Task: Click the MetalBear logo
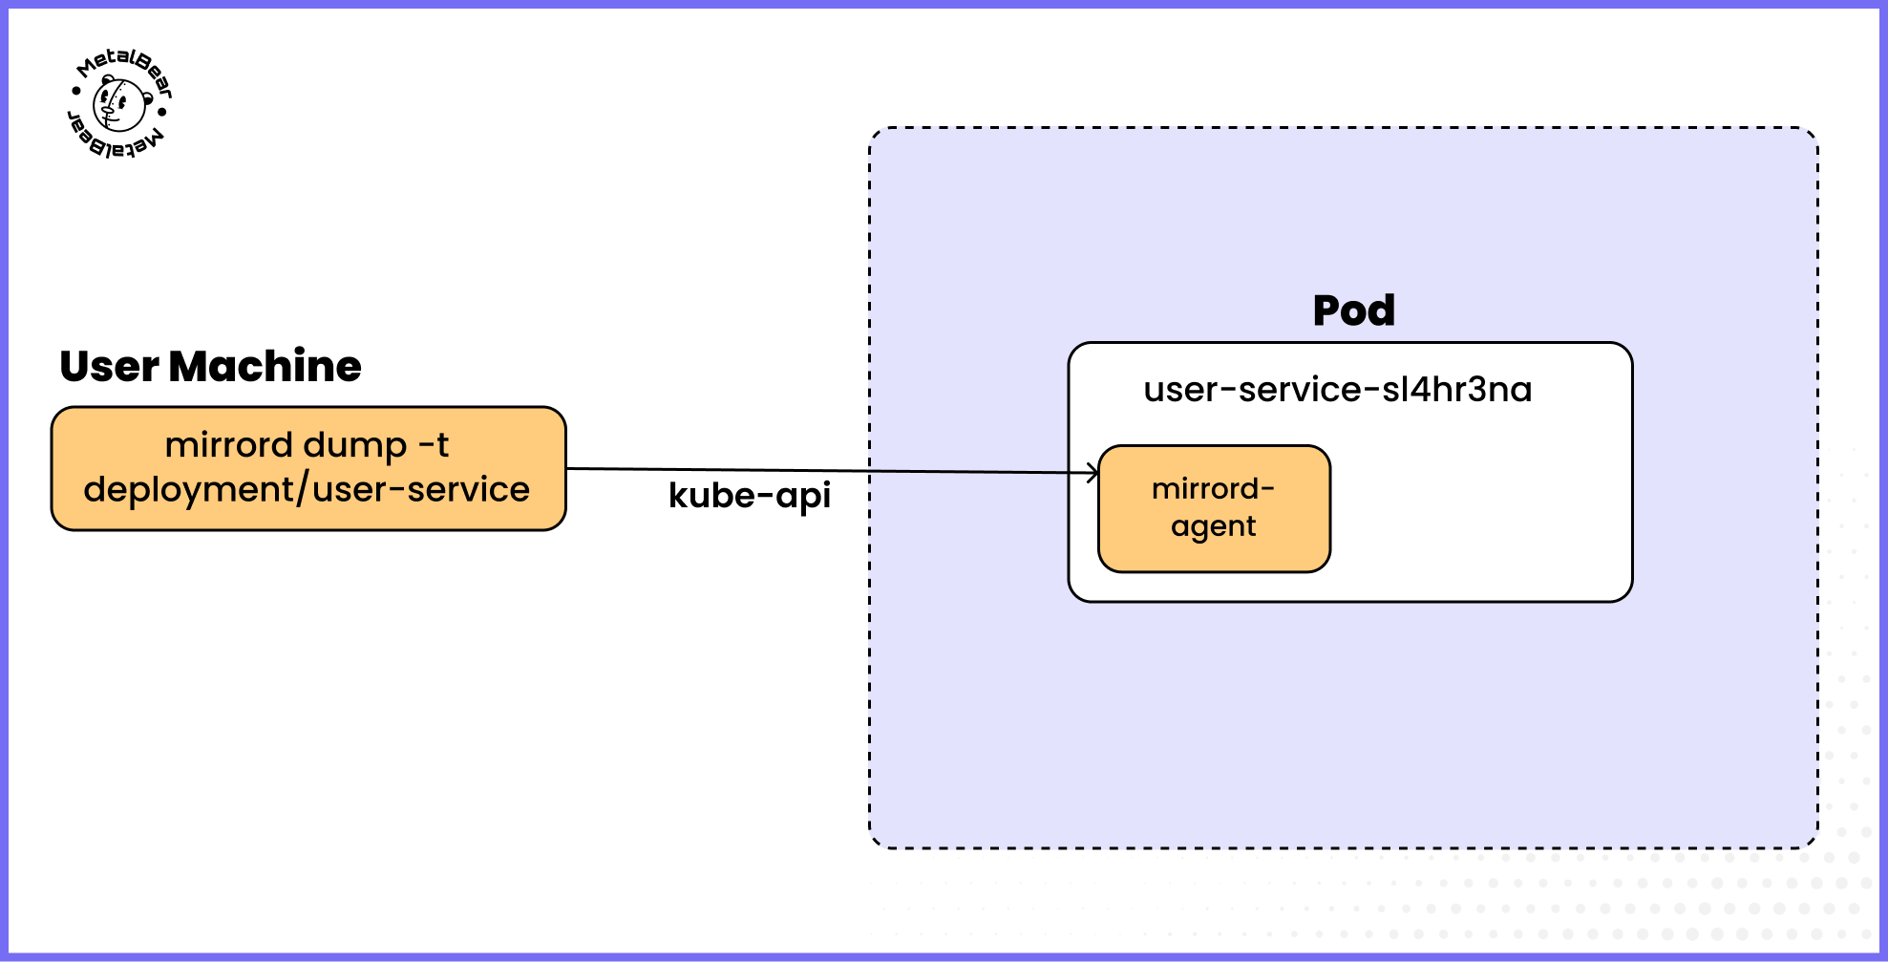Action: pos(120,103)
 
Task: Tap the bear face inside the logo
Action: pos(119,105)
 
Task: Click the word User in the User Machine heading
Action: pos(109,367)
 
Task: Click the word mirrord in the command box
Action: pos(229,445)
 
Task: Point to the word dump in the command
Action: pos(355,446)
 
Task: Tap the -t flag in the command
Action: pos(434,445)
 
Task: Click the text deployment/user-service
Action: pos(307,489)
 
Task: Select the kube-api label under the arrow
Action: pos(749,496)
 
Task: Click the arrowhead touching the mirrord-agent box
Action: pos(1093,472)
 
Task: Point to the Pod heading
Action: pos(1353,310)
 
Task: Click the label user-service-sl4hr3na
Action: pos(1337,390)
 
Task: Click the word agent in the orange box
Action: pos(1213,527)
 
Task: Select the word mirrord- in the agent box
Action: pos(1213,489)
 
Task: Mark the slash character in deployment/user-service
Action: pos(303,489)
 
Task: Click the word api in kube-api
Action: pos(803,496)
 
